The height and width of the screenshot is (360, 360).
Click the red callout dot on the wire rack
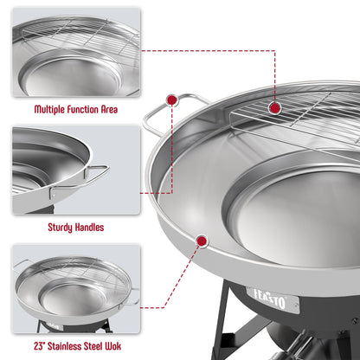276,107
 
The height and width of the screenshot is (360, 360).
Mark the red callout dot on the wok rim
202,241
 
